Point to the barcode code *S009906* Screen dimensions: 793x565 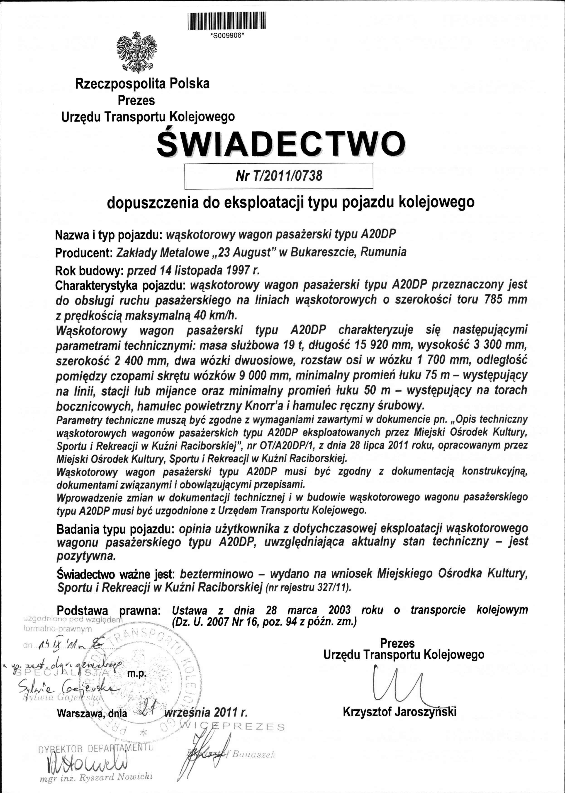click(226, 39)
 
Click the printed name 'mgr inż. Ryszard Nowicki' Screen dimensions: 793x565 click(96, 777)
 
